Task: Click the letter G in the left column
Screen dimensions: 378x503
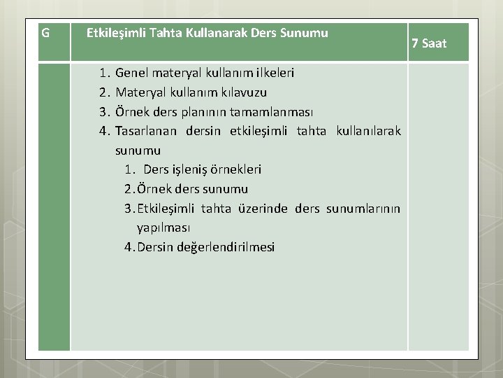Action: point(45,33)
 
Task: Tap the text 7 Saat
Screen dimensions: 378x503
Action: point(429,43)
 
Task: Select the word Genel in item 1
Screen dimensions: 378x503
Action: point(131,73)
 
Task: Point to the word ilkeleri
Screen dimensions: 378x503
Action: point(270,73)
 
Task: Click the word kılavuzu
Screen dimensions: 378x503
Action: point(245,92)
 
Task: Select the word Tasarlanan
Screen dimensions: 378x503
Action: point(147,131)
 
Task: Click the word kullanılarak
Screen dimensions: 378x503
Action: point(368,131)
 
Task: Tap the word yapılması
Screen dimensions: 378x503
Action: point(163,227)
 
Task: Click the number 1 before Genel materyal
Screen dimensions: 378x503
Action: point(103,73)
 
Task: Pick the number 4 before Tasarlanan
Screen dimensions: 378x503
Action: point(103,131)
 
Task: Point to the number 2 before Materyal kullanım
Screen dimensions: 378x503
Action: point(103,92)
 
